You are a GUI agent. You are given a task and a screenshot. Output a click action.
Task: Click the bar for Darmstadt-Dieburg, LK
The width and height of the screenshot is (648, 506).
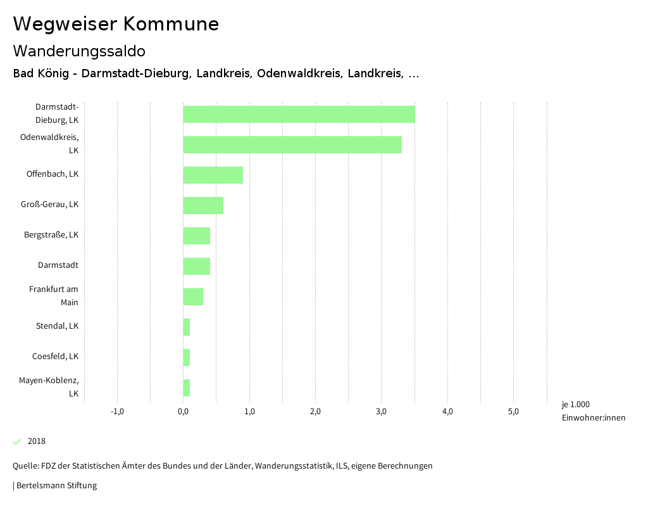[299, 114]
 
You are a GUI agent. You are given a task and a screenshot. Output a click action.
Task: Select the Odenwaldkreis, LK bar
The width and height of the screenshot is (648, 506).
[292, 144]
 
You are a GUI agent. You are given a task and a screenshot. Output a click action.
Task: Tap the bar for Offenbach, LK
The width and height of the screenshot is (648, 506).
[213, 175]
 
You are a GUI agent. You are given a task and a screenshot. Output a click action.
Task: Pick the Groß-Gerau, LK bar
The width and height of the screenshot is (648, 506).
[203, 205]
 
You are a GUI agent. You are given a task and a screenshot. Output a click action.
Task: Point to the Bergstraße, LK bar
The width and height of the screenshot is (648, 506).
[196, 236]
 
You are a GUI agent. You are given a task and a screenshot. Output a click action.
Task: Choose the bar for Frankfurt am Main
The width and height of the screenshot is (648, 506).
[193, 296]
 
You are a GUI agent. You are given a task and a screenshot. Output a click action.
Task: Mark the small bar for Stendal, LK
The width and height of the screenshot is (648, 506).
[187, 327]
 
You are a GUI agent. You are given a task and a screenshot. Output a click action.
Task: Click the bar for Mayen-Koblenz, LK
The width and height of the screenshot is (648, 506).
[187, 388]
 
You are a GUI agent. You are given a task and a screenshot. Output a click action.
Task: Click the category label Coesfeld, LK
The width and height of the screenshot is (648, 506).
[55, 357]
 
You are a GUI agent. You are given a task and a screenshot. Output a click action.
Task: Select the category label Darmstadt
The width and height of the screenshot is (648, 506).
[58, 265]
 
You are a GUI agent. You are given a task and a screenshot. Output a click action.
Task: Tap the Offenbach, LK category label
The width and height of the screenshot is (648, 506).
[53, 174]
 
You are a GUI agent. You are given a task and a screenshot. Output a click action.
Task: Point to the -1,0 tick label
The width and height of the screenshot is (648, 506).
[117, 412]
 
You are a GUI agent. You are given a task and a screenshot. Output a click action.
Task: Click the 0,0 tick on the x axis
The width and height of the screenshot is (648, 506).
[183, 412]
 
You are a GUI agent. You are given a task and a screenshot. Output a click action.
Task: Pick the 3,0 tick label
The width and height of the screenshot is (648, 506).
[381, 412]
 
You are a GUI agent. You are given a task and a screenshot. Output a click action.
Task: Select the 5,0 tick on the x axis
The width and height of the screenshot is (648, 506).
[513, 412]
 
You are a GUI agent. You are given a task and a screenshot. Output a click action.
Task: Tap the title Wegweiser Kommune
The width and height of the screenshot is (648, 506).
[116, 24]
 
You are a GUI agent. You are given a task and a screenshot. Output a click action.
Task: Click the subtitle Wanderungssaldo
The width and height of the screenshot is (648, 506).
[79, 51]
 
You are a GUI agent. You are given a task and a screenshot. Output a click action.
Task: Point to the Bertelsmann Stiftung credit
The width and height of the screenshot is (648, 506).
[55, 486]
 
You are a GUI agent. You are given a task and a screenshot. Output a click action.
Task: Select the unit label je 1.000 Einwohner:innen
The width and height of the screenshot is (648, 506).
[593, 411]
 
